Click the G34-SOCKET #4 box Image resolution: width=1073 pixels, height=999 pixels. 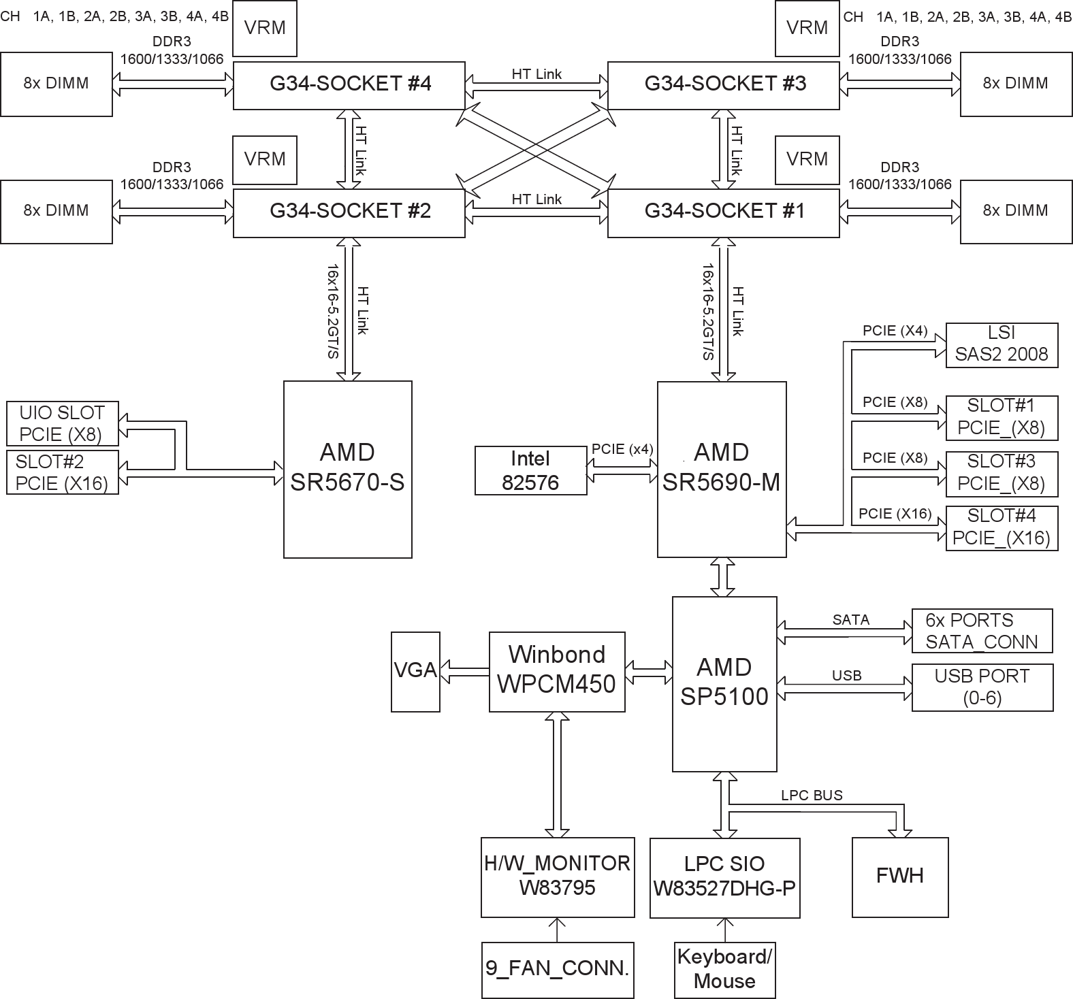point(349,84)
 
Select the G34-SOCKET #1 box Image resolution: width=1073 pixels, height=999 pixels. point(723,212)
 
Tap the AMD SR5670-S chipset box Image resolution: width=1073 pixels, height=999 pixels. point(347,469)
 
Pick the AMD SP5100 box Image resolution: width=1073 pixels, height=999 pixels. point(724,683)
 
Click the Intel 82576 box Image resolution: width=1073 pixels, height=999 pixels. point(530,470)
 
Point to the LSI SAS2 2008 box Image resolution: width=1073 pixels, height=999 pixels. point(1002,345)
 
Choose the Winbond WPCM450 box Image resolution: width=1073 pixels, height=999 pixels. point(557,672)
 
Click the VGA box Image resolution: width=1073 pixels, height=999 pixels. point(415,672)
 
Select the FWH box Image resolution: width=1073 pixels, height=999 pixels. point(900,877)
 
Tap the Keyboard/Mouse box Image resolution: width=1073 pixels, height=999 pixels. point(724,970)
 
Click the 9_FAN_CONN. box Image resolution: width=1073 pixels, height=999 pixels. point(557,970)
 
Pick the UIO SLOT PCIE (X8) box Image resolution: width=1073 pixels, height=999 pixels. point(62,423)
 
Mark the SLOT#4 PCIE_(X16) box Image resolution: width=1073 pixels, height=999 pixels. point(1002,527)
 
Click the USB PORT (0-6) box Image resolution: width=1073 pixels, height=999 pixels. point(982,687)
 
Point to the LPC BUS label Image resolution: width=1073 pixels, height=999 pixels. point(812,796)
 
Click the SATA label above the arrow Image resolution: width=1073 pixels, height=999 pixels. point(850,620)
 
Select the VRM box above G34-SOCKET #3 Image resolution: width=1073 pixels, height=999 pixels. point(807,28)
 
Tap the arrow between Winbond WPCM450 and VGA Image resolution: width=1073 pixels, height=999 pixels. point(465,672)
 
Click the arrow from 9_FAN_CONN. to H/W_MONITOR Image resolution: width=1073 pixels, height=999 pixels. point(557,930)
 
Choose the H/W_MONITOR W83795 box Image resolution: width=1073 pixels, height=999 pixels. point(557,877)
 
